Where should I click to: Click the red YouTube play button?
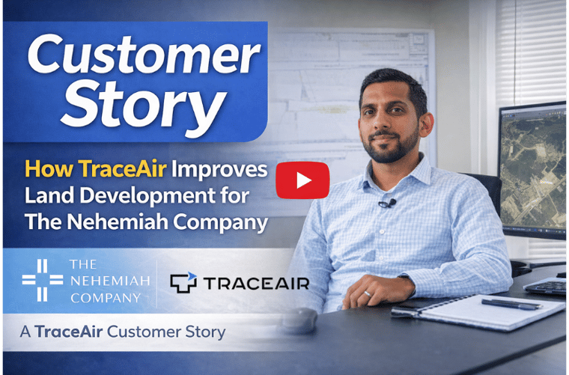pyautogui.click(x=302, y=180)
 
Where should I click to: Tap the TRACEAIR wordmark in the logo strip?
pyautogui.click(x=255, y=283)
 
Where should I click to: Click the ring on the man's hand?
pyautogui.click(x=367, y=295)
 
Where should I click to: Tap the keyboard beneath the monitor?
pyautogui.click(x=547, y=286)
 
